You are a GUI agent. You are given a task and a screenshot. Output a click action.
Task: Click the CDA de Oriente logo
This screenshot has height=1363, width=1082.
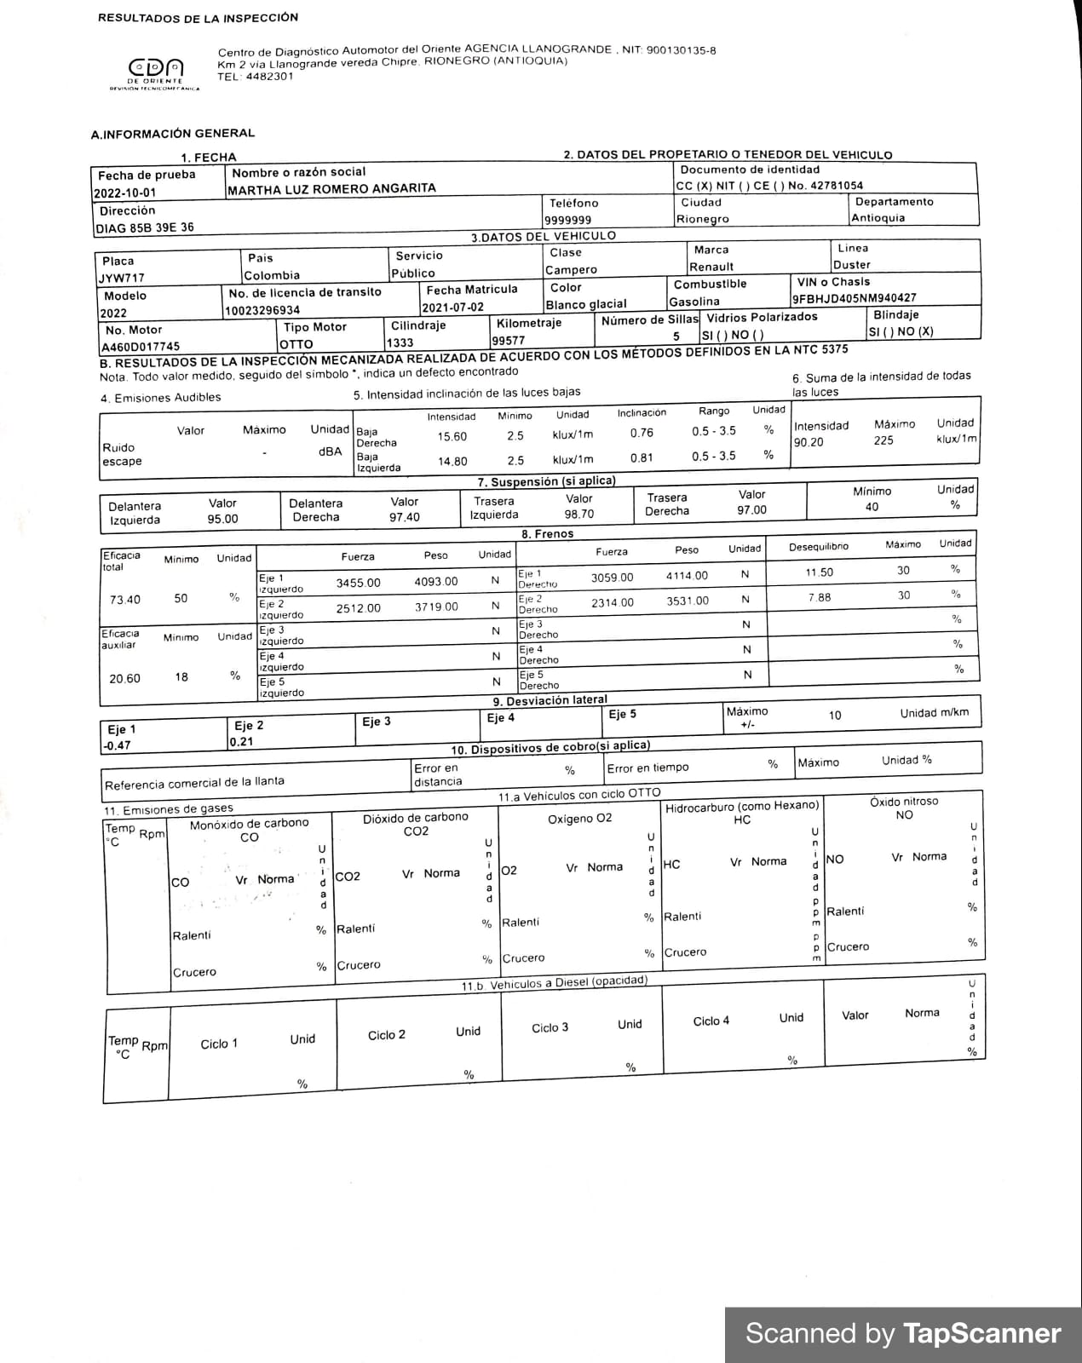click(155, 72)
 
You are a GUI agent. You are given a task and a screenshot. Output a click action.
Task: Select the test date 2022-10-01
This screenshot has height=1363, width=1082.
click(125, 193)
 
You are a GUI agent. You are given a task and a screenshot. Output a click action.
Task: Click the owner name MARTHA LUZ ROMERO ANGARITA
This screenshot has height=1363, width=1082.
click(331, 188)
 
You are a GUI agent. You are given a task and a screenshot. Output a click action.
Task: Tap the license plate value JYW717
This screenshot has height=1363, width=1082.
click(121, 278)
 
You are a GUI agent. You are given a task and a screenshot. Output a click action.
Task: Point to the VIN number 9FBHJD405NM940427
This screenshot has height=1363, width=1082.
click(854, 298)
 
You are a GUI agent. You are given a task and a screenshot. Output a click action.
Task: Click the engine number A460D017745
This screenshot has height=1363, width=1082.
click(141, 347)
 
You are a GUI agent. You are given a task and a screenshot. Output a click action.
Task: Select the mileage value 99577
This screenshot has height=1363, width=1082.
click(509, 340)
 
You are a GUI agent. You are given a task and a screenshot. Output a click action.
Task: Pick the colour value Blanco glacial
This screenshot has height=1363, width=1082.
click(586, 304)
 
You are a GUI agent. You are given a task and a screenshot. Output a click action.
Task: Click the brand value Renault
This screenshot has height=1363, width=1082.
click(711, 267)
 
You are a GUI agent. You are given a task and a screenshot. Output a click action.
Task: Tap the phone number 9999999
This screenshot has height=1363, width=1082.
click(567, 220)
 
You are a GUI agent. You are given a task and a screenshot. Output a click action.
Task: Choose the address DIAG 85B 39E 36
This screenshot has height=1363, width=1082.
click(145, 227)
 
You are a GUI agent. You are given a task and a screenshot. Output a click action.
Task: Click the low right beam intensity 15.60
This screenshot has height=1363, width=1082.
click(452, 436)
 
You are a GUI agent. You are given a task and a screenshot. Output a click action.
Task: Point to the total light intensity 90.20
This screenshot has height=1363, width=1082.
click(809, 442)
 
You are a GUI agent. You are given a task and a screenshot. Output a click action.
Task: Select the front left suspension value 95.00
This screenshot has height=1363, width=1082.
click(222, 519)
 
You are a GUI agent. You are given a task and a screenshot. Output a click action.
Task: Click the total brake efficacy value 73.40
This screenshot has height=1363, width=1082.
click(125, 600)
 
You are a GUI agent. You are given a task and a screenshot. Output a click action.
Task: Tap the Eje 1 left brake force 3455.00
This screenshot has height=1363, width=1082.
click(358, 583)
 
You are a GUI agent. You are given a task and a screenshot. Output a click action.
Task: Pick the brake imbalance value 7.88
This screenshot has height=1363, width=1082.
click(820, 597)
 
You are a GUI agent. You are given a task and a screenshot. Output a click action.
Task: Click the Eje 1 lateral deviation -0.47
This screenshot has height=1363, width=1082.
click(117, 745)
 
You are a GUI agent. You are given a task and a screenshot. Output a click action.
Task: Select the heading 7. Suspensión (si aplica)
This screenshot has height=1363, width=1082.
click(546, 481)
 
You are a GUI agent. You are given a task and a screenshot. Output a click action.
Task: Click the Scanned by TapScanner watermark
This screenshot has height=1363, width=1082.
click(903, 1333)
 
